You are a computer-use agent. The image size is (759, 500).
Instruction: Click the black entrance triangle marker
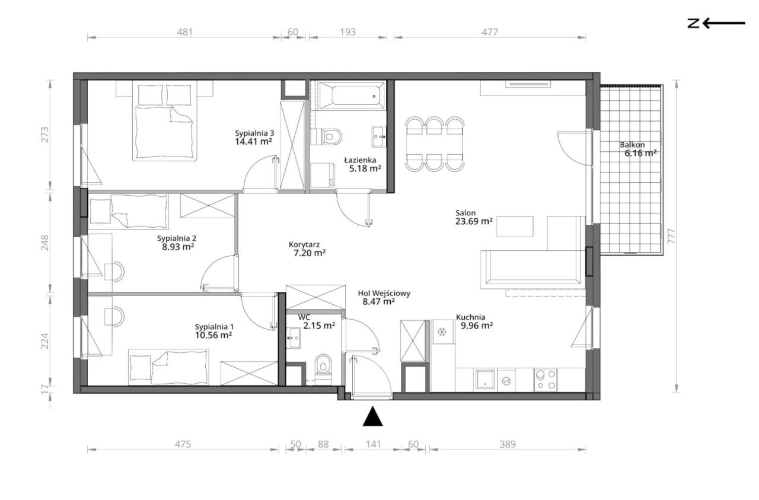point(373,416)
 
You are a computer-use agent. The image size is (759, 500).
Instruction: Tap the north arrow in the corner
point(716,23)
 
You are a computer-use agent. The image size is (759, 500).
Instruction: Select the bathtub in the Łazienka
point(352,96)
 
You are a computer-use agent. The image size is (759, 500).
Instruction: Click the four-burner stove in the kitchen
point(546,380)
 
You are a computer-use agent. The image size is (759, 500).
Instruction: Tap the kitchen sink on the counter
point(485,380)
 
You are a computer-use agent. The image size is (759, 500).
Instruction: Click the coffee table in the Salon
point(515,226)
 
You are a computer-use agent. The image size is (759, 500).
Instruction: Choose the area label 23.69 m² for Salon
point(474,221)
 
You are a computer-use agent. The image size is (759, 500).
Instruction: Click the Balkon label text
point(632,145)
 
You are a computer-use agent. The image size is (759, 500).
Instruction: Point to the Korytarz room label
point(304,244)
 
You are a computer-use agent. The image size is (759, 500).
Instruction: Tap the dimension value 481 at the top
point(184,32)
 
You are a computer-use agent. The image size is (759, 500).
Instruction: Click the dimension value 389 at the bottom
point(507,444)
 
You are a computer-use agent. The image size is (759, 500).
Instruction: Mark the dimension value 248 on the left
point(44,243)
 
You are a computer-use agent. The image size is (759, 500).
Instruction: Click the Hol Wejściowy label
point(384,293)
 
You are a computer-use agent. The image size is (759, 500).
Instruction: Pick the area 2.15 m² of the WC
point(319,326)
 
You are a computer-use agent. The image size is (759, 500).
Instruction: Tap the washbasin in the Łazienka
point(379,136)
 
